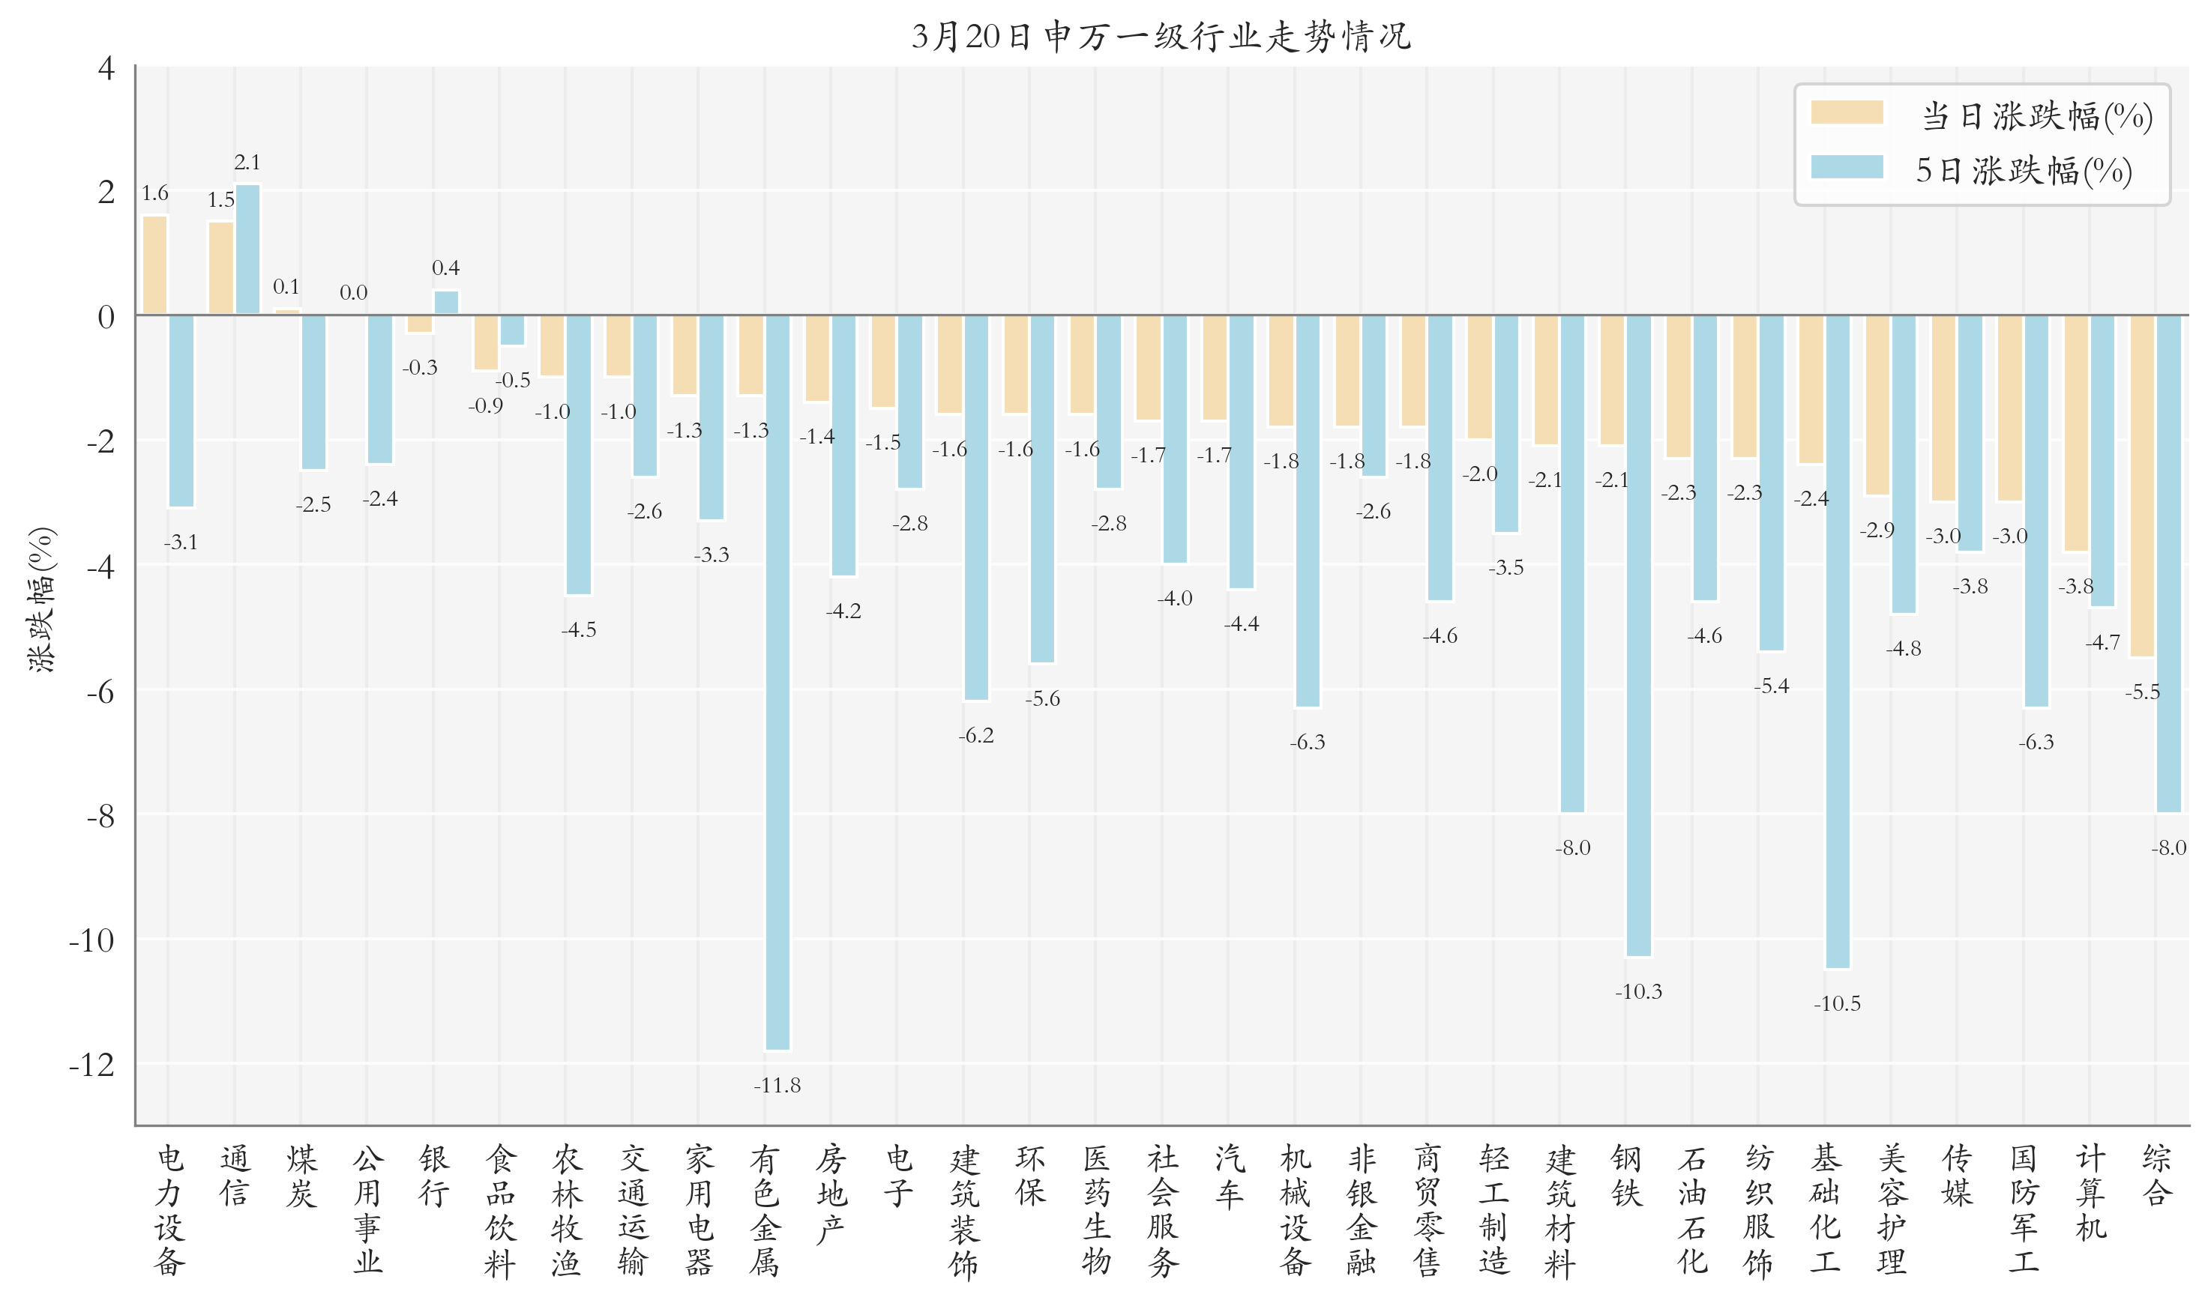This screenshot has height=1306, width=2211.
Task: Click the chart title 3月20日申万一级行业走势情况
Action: click(1161, 37)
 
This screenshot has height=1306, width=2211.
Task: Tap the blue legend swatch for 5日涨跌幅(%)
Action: click(1847, 167)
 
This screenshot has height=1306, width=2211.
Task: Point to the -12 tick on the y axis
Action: click(92, 1065)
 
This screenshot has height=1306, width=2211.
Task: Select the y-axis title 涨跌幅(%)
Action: click(41, 600)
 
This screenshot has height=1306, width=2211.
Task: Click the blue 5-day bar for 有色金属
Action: click(777, 682)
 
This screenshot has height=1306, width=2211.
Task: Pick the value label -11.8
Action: click(777, 1085)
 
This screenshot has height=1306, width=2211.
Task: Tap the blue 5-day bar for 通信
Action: click(247, 249)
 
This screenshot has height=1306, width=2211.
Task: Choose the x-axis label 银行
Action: click(434, 1176)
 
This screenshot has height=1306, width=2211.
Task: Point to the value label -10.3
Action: click(1637, 992)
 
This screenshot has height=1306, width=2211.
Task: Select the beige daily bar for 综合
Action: click(2141, 486)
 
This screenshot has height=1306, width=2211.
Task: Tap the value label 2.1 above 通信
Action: click(247, 163)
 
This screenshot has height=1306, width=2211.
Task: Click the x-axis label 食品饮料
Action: click(500, 1210)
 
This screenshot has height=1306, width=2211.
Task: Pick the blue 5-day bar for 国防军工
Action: click(2036, 510)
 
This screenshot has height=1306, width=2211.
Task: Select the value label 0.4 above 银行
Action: click(445, 267)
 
